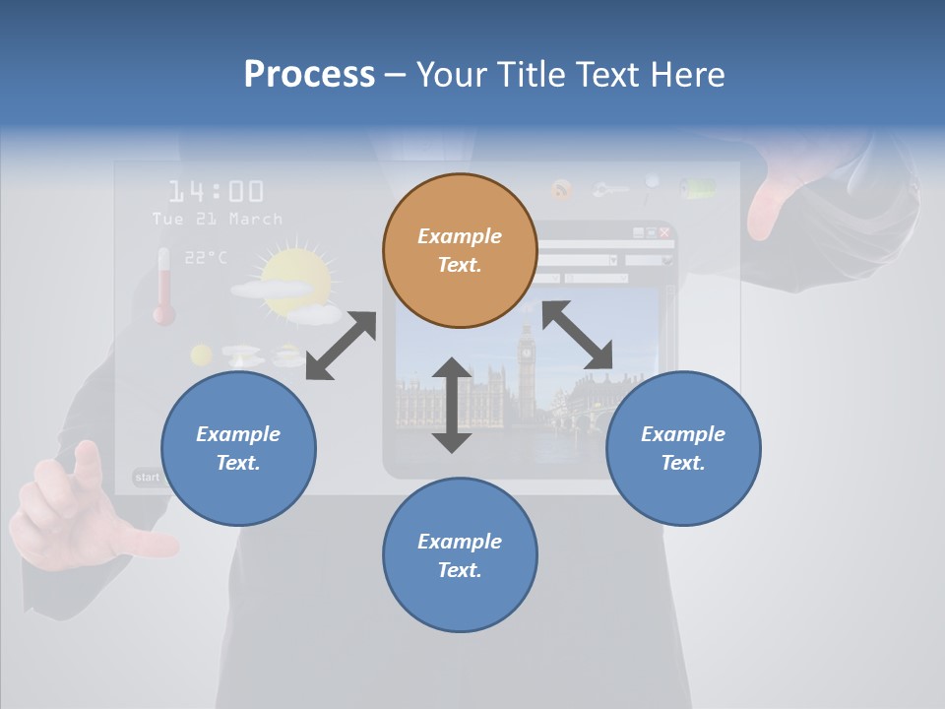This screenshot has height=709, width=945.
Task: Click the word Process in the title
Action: [309, 75]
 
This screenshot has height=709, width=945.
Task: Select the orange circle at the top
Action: [460, 250]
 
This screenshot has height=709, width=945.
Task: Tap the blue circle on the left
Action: [238, 448]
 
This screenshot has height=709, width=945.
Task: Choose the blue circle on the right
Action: [683, 448]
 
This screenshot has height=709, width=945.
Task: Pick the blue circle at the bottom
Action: [460, 555]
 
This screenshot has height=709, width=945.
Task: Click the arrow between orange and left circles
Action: [341, 346]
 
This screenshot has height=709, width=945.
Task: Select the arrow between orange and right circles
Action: [577, 335]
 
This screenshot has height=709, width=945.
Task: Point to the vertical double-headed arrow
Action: [452, 405]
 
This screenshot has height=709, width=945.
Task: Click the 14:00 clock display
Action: [216, 191]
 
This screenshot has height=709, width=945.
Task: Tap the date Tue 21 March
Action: [218, 219]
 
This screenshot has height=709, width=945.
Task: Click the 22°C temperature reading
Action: [205, 257]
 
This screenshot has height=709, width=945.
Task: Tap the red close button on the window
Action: [664, 232]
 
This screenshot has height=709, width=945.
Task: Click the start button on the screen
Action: [148, 478]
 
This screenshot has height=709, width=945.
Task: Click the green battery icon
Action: [700, 188]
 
